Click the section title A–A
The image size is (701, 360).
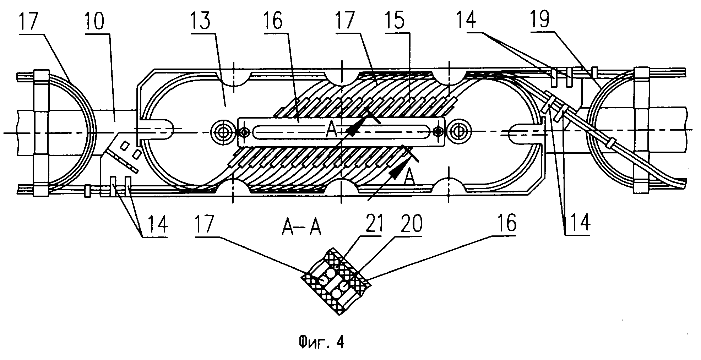pos(301,228)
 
